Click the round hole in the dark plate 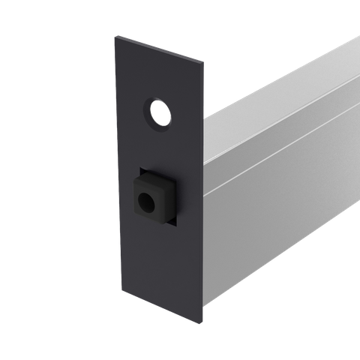coord(159,113)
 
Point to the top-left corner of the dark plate coord(115,34)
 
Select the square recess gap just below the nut coord(161,223)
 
